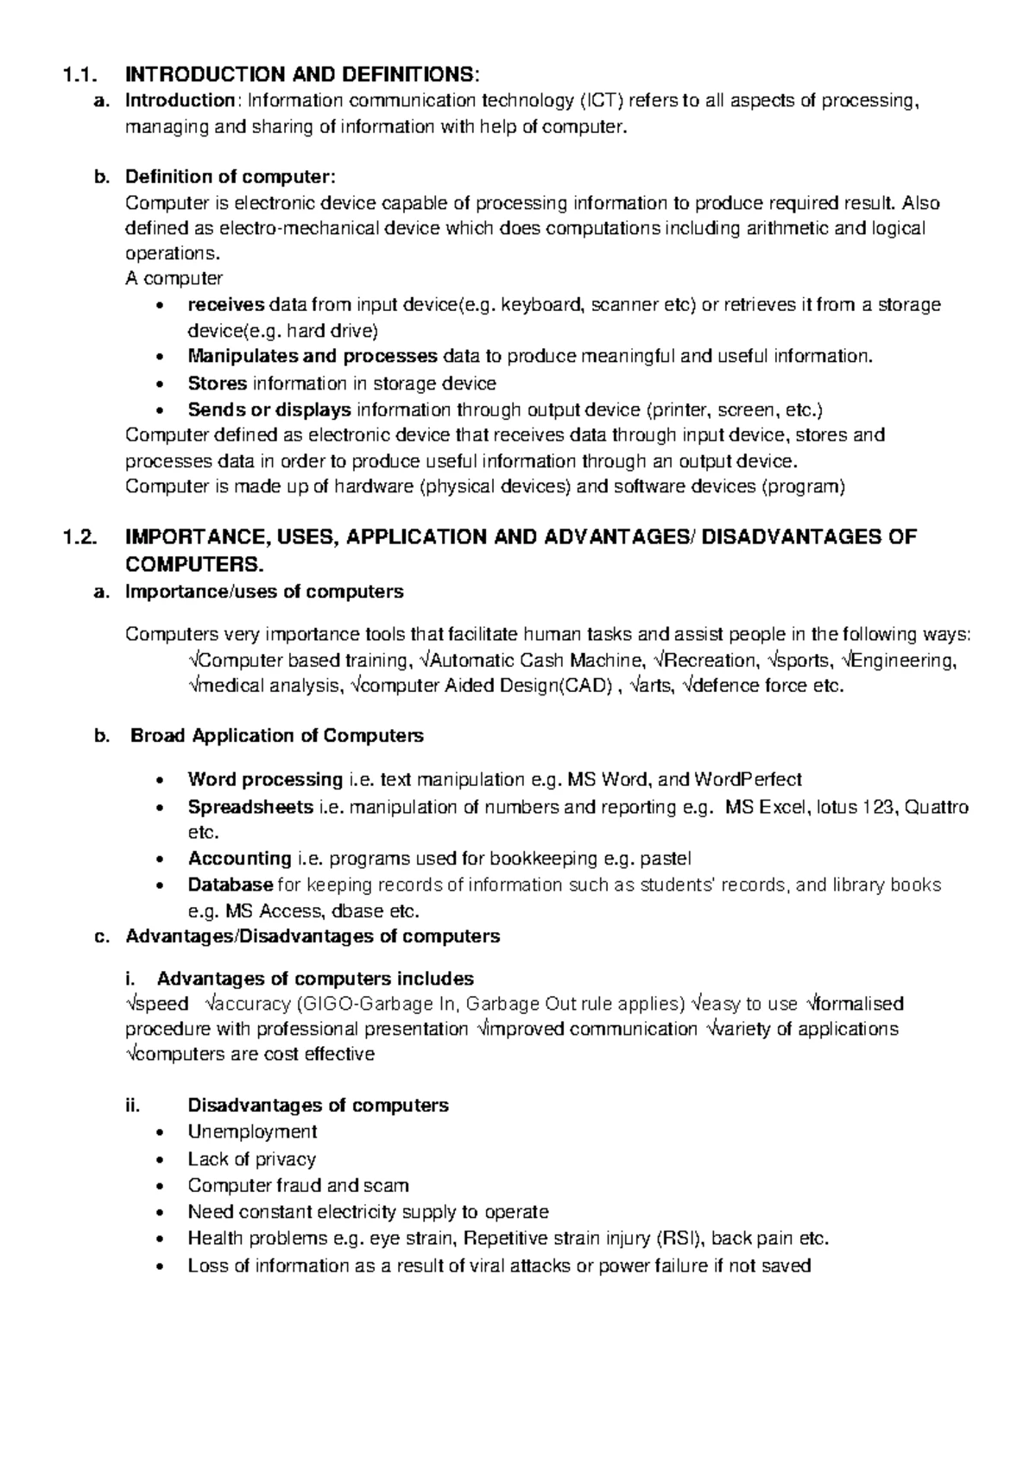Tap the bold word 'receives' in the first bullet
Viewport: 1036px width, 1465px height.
(226, 305)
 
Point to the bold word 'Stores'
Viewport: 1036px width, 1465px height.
(218, 383)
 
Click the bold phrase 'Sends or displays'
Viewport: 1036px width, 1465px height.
(269, 409)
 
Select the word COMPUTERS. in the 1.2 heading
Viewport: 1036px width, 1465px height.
(193, 565)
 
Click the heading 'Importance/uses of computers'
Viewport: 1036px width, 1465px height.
(264, 592)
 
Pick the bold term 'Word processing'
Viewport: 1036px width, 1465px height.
(265, 780)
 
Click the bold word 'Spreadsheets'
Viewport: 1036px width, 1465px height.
(250, 807)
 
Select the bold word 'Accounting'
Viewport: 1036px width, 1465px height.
(239, 859)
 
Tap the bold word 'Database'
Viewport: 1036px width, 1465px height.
(231, 885)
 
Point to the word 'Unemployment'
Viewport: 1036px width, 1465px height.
(252, 1132)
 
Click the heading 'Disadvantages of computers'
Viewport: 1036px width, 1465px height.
(318, 1106)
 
